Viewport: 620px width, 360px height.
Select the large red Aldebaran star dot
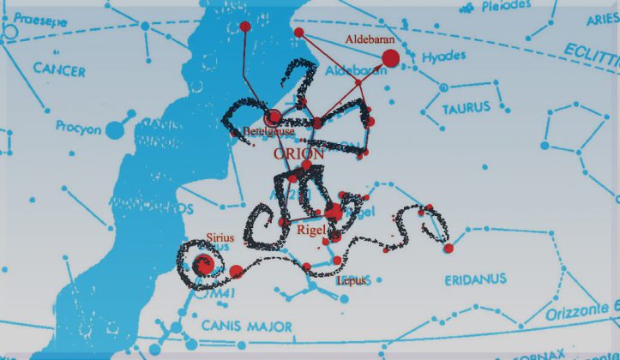click(389, 58)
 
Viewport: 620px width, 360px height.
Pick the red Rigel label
click(310, 230)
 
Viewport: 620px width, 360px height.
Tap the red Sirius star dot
click(205, 265)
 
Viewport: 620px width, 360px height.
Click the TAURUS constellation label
click(466, 109)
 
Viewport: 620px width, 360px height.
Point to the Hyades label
click(444, 57)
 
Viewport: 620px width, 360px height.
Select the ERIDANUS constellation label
click(475, 279)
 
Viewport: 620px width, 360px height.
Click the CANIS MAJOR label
click(247, 326)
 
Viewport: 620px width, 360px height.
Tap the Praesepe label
click(30, 16)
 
